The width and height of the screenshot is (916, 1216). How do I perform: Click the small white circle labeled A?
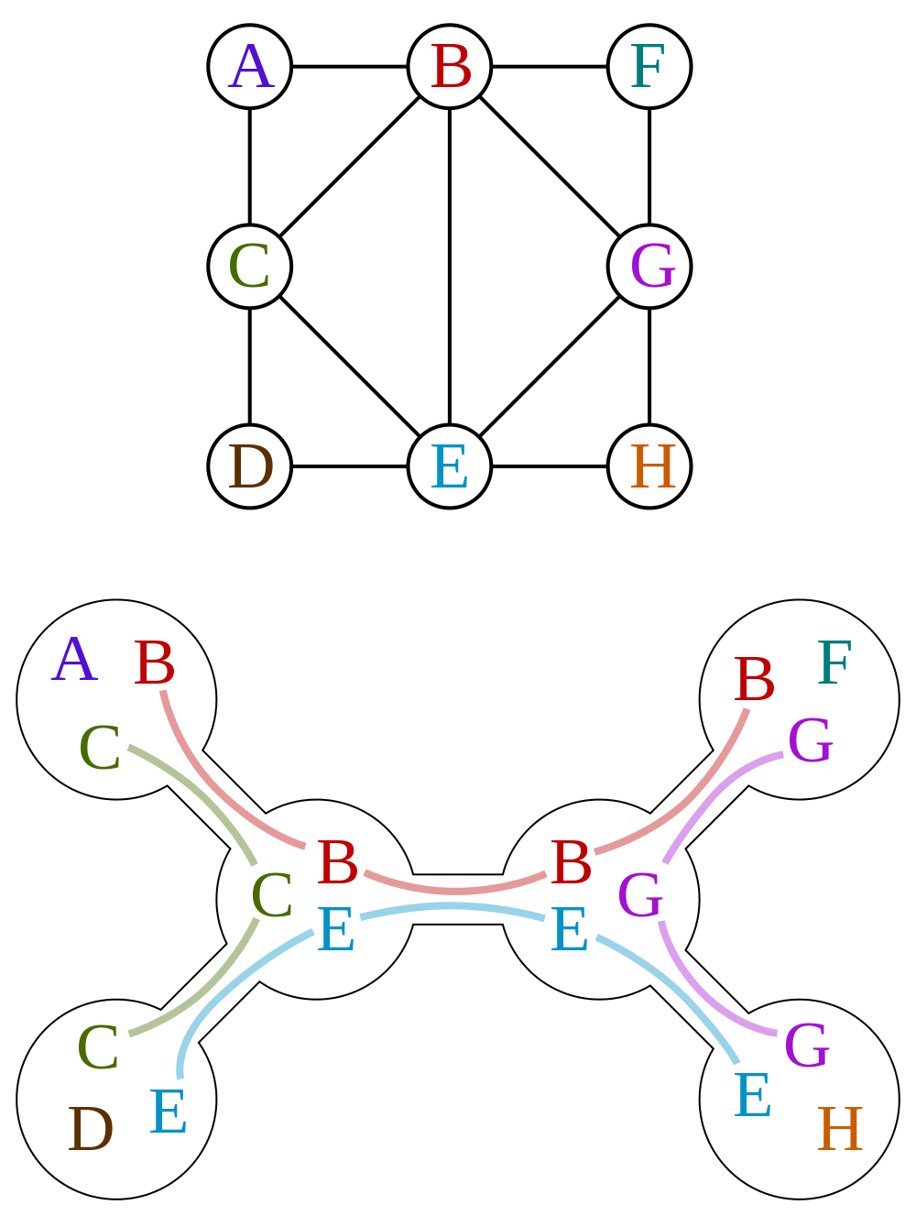[250, 67]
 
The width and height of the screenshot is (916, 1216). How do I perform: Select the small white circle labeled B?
[450, 67]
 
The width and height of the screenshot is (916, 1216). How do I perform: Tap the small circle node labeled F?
[649, 67]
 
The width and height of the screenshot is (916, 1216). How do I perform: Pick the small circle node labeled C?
[250, 267]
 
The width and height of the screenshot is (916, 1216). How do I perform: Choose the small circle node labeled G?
[649, 267]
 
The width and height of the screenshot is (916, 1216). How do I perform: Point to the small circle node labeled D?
[250, 466]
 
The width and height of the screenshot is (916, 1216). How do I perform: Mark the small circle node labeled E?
[450, 466]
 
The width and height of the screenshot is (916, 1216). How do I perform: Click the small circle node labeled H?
[649, 466]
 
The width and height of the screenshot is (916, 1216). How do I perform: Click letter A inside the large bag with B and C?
[74, 662]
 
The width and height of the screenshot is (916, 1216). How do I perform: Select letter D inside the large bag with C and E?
[90, 1131]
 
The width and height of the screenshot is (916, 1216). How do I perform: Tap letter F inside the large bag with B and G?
[834, 664]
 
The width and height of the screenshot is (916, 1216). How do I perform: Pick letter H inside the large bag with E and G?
[839, 1131]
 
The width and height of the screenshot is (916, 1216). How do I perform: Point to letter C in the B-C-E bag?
[271, 897]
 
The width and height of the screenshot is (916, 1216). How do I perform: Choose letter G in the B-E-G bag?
[639, 897]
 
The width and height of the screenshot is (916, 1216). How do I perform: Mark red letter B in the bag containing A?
[154, 664]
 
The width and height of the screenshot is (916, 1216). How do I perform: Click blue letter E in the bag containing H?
[752, 1097]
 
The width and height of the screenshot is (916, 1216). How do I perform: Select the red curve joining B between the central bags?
[455, 889]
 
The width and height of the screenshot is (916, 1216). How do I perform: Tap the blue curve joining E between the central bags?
[455, 907]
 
